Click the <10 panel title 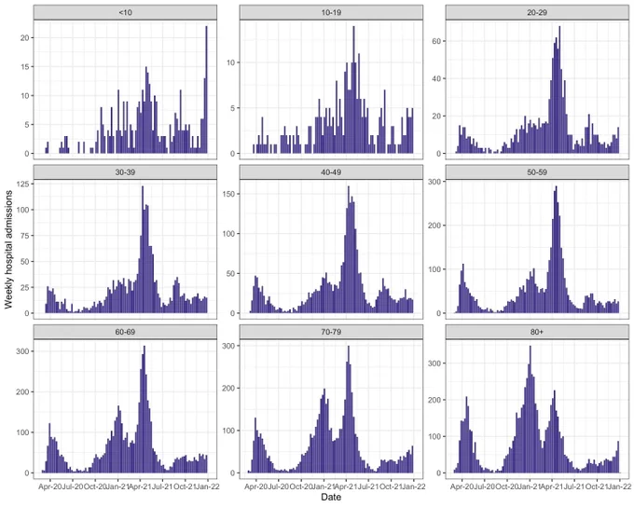point(125,12)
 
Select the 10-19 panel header point(331,12)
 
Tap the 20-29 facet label point(537,12)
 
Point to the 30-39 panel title point(125,172)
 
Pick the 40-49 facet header point(331,172)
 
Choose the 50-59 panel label point(537,172)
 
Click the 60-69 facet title point(125,332)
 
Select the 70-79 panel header point(331,332)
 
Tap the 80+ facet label point(537,332)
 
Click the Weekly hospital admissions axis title point(8,250)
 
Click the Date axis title point(331,497)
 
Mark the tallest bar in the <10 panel point(206,89)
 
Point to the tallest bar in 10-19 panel point(353,89)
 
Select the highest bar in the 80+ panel point(531,409)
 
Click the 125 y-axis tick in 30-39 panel point(23,185)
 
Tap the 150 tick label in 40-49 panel point(229,194)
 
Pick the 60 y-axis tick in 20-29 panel point(436,41)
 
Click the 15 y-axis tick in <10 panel point(25,67)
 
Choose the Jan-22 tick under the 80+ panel point(619,486)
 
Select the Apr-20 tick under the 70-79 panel point(255,486)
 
